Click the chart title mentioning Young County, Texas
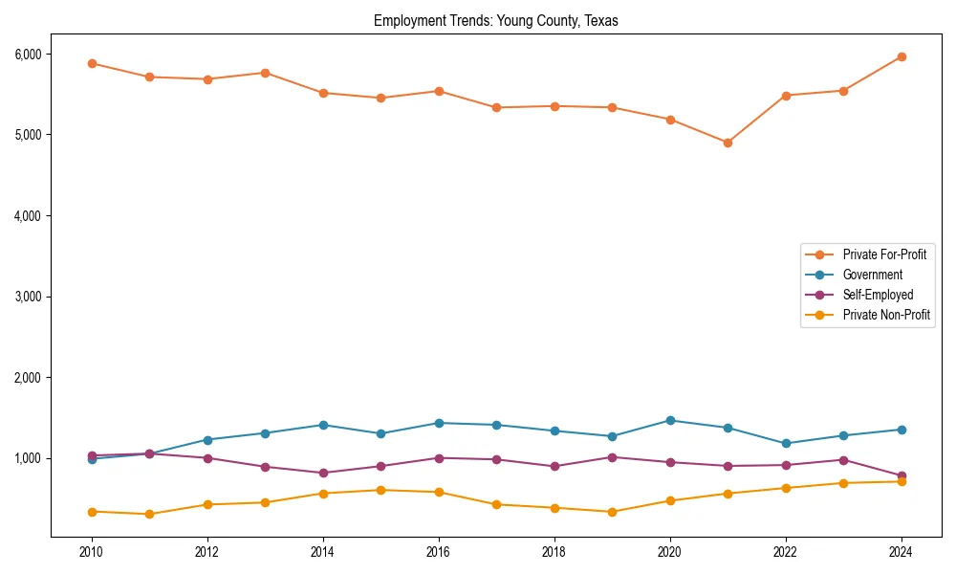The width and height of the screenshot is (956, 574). pos(496,21)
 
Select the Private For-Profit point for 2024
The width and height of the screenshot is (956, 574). pos(902,56)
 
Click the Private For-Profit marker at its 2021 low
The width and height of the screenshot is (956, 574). pos(728,143)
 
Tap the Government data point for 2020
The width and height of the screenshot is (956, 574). pos(670,420)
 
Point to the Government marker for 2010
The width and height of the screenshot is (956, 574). pos(92,459)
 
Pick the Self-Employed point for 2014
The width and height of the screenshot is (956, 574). pos(323,473)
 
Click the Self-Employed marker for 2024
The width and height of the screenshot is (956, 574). pos(902,476)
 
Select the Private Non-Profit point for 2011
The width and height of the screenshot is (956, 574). pos(149,514)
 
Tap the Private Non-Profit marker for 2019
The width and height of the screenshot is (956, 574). pos(612,512)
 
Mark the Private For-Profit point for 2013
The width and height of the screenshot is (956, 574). pos(265,73)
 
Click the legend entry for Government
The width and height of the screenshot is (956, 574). pos(872,275)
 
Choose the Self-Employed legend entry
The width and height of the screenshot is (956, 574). pos(878,295)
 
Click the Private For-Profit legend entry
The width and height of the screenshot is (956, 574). pos(884,254)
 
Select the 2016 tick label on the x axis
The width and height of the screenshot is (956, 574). pos(439,552)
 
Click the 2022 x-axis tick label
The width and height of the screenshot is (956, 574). pos(786,552)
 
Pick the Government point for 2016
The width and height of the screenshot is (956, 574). pos(439,423)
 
